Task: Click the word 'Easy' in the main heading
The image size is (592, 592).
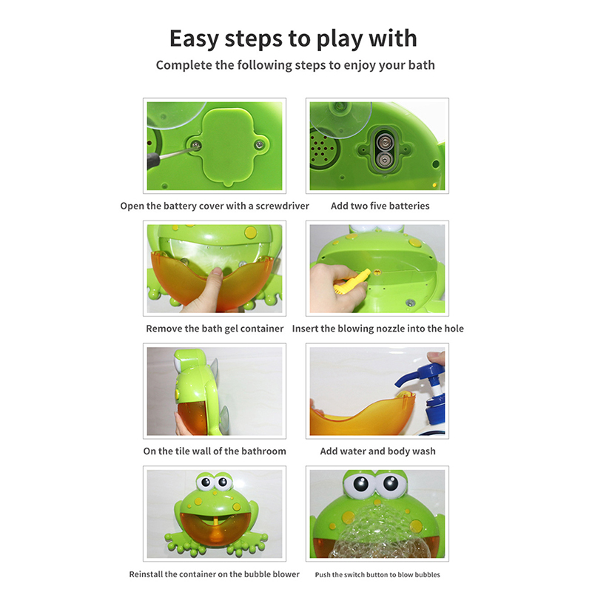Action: [194, 39]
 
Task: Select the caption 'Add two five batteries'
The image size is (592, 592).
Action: [380, 206]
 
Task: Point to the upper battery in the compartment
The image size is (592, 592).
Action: [384, 142]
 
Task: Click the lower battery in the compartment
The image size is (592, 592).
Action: [384, 161]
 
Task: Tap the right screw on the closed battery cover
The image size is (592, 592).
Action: [260, 144]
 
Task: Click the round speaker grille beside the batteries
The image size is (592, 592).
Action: [322, 149]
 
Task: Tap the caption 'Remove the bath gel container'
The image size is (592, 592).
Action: [215, 329]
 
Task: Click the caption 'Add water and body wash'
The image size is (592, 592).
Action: [377, 451]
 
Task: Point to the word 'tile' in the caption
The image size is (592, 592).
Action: [181, 451]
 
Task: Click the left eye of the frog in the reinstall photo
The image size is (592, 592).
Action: [206, 482]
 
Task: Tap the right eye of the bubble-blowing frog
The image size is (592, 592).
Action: [391, 484]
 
